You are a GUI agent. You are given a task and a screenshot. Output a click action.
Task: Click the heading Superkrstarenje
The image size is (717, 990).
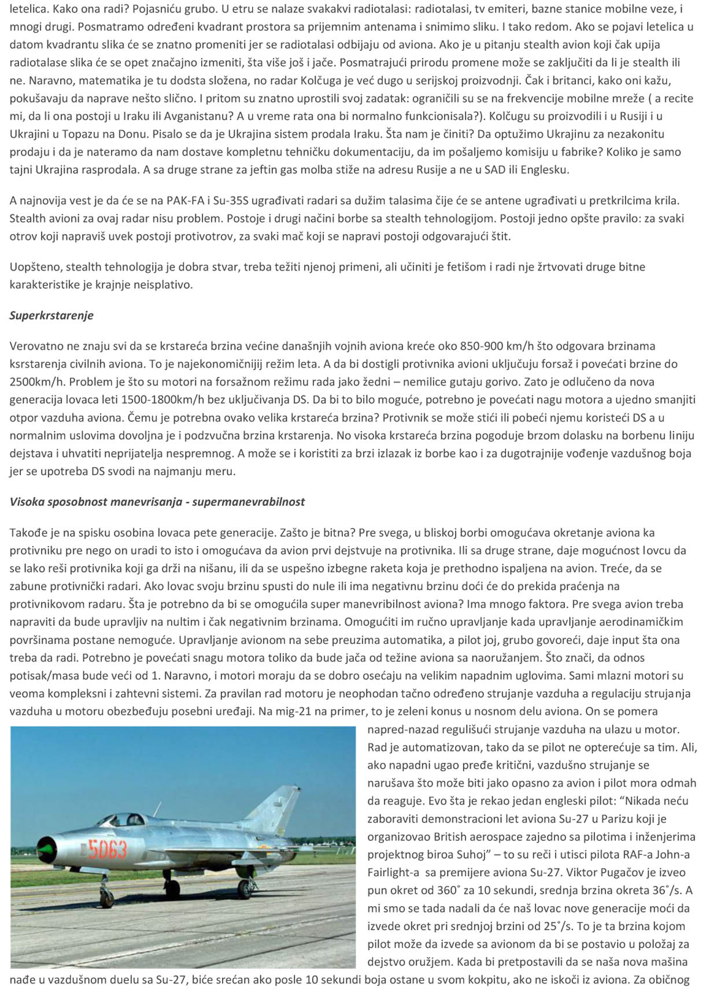coord(51,316)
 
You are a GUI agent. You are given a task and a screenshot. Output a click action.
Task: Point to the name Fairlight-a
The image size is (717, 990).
coord(395,873)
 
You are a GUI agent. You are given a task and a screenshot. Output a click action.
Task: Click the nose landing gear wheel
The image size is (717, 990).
coord(107,899)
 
